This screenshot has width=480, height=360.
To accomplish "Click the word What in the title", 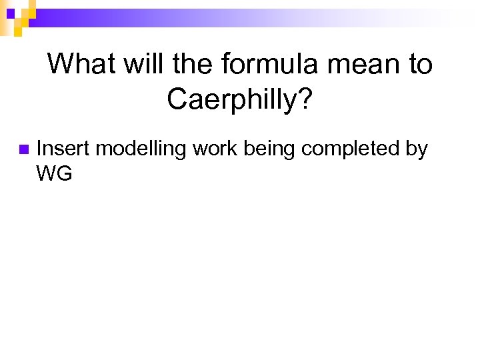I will [77, 65].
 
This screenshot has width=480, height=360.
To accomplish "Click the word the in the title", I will [193, 65].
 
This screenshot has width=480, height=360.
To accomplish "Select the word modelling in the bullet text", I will [141, 149].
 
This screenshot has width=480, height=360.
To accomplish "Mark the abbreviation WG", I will [54, 174].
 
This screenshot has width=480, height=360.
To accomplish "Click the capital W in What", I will [59, 65].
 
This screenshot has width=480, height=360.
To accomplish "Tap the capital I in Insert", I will [39, 149].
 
